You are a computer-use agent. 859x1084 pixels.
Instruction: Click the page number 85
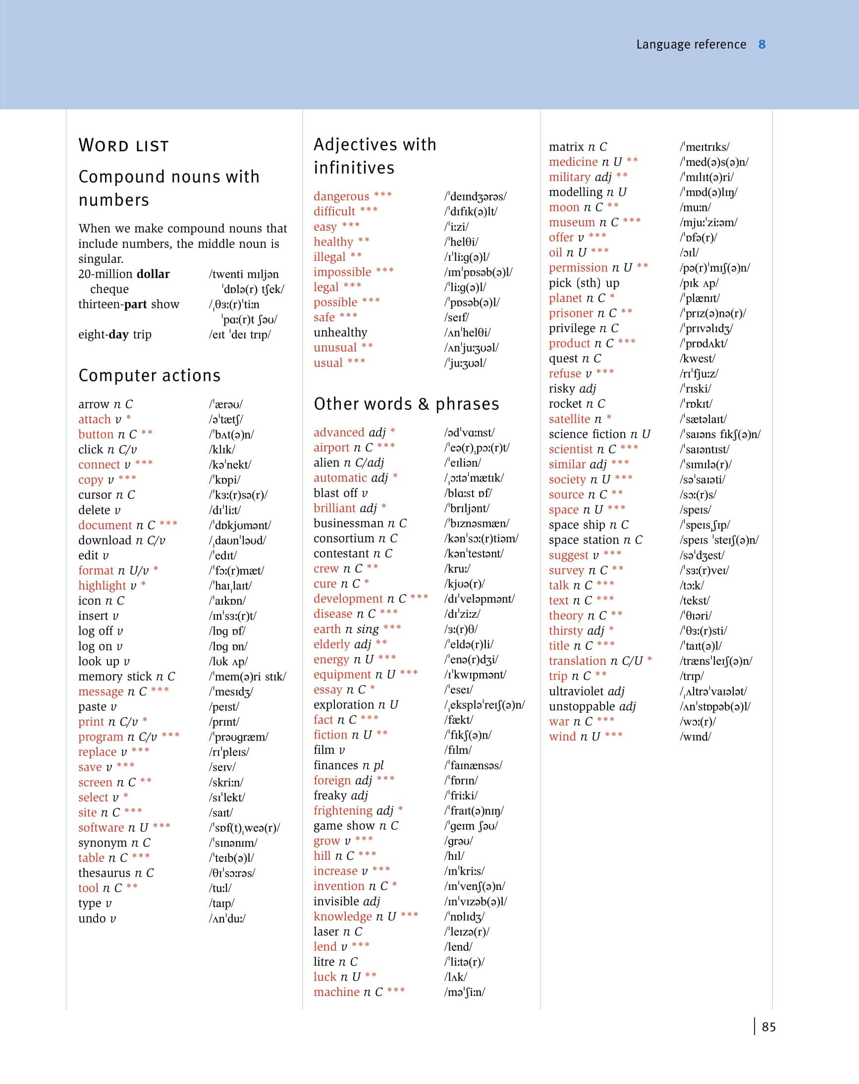(768, 1027)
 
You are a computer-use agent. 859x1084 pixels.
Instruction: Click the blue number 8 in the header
(762, 45)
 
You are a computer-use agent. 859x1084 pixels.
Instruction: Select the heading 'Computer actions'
(150, 376)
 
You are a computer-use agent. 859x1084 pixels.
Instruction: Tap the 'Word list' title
(123, 146)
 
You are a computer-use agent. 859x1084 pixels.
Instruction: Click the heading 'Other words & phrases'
(406, 404)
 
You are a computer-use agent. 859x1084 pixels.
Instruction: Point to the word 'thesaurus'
(105, 873)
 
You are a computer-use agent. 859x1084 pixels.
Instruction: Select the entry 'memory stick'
(114, 677)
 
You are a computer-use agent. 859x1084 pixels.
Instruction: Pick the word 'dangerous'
(341, 197)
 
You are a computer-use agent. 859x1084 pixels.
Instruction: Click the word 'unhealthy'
(340, 333)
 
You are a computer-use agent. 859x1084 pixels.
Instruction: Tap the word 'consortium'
(343, 539)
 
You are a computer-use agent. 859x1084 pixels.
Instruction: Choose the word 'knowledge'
(342, 917)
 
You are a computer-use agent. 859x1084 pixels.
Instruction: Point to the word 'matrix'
(566, 147)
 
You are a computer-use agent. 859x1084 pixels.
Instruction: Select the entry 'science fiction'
(587, 434)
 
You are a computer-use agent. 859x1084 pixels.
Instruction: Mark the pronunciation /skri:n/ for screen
(226, 783)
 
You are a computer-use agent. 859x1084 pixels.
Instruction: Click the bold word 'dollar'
(153, 274)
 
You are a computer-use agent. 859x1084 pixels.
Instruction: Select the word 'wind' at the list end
(562, 737)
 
